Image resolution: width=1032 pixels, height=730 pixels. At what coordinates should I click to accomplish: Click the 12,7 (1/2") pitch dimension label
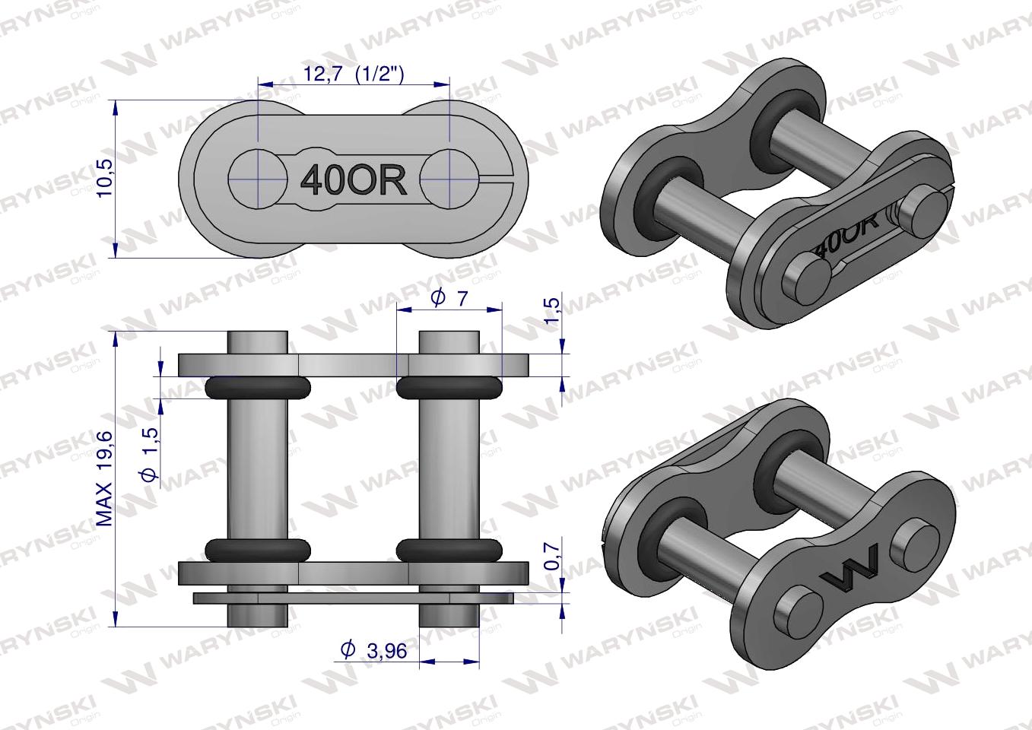point(353,74)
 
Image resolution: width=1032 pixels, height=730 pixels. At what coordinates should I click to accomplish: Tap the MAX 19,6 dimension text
point(104,478)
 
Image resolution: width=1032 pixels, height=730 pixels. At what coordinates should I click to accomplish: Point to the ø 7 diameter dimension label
point(449,298)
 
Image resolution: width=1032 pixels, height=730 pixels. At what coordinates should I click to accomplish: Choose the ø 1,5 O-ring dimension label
point(149,453)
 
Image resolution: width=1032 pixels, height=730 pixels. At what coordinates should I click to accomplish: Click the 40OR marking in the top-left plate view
point(354,179)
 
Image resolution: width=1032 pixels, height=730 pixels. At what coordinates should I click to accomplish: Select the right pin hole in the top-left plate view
point(449,179)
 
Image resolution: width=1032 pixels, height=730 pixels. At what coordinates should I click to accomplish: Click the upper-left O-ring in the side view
point(258,388)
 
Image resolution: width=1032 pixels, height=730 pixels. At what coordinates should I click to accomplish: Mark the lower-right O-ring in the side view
point(449,549)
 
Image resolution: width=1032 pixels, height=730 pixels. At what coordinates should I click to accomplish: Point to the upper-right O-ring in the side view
point(449,388)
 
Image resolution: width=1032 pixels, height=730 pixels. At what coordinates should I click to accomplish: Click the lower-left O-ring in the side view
point(258,549)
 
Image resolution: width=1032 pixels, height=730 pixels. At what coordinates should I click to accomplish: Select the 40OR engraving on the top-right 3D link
point(846,233)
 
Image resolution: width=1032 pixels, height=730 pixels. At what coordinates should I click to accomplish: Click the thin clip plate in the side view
point(353,598)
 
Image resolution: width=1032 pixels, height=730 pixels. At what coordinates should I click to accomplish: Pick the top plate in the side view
point(353,364)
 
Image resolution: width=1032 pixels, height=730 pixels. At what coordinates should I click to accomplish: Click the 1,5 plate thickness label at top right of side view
point(553,310)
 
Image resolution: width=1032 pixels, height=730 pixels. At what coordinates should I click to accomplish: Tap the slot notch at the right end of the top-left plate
point(501,179)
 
